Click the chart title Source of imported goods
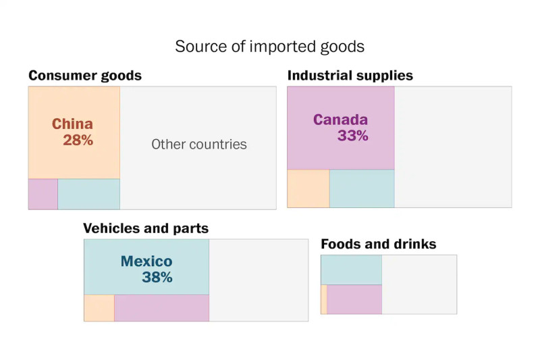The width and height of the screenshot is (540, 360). pos(269,47)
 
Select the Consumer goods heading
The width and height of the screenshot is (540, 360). pos(85,76)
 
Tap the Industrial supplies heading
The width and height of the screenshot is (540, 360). pos(350,76)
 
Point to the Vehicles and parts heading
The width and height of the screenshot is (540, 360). pos(146,228)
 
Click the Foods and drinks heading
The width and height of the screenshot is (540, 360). pos(379,244)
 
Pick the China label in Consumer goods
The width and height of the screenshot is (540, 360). pos(72,124)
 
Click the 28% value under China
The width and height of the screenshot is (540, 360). pos(78,140)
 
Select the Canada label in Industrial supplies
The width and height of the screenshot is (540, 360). pos(340,120)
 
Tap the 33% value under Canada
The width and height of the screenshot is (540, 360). pos(353,136)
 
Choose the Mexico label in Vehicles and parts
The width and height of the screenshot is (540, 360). pos(146,261)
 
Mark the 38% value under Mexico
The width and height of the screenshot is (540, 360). pos(157,277)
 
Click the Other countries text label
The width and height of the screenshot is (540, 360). pos(199,144)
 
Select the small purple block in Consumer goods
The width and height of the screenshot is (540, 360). pos(43,194)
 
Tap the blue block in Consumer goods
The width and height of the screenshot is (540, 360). pos(88,194)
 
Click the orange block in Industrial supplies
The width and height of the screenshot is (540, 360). pos(308,188)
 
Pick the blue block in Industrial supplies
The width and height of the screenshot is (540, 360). pos(362,188)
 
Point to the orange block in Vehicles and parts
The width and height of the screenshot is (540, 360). pos(99,308)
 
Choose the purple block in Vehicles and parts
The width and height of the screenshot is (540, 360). pos(161,308)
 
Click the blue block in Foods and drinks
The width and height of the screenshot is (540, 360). pos(351,270)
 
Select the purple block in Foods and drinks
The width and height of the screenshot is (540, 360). pos(354,299)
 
